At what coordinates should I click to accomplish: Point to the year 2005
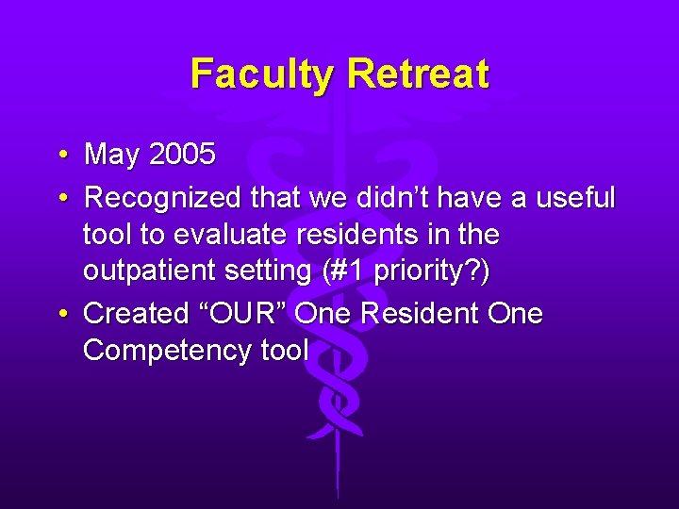[x=182, y=154]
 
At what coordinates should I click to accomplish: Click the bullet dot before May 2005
[x=60, y=154]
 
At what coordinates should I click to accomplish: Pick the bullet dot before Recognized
[x=60, y=198]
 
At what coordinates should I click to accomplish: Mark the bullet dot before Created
[x=60, y=314]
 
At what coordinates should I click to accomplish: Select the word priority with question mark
[x=429, y=271]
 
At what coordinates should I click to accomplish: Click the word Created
[x=137, y=314]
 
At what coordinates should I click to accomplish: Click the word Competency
[x=157, y=350]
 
